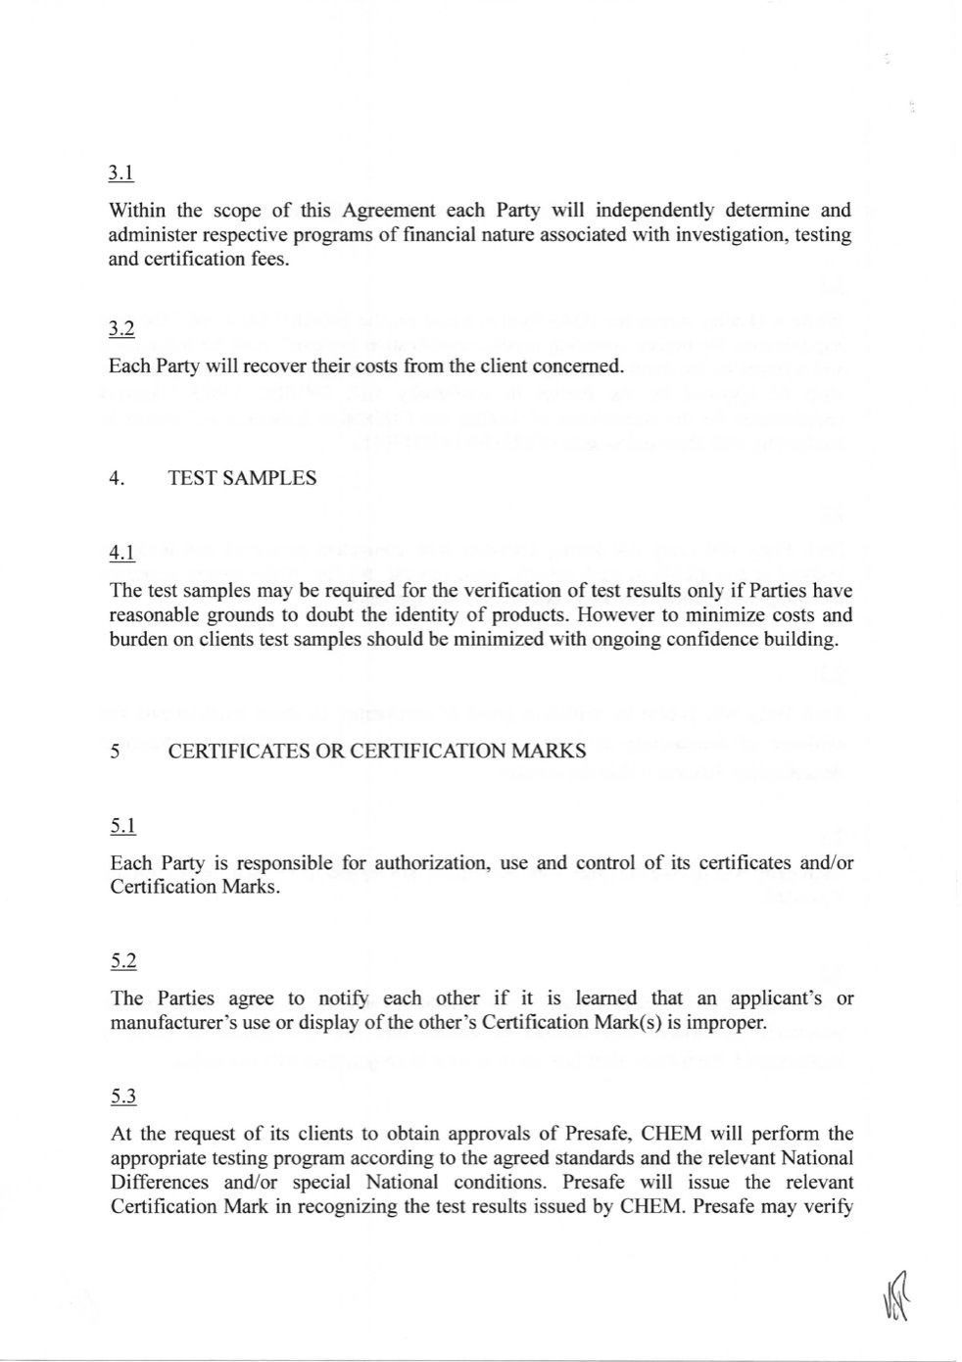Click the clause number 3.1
click(120, 173)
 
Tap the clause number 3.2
click(120, 329)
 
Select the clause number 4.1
click(120, 554)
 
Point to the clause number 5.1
click(122, 826)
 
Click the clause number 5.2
click(122, 961)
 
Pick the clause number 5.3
click(122, 1096)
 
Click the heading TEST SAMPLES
click(242, 478)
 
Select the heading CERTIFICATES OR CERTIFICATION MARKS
click(377, 752)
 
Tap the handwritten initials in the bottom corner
click(893, 1295)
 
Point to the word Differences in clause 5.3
click(160, 1182)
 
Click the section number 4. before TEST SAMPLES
click(117, 478)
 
